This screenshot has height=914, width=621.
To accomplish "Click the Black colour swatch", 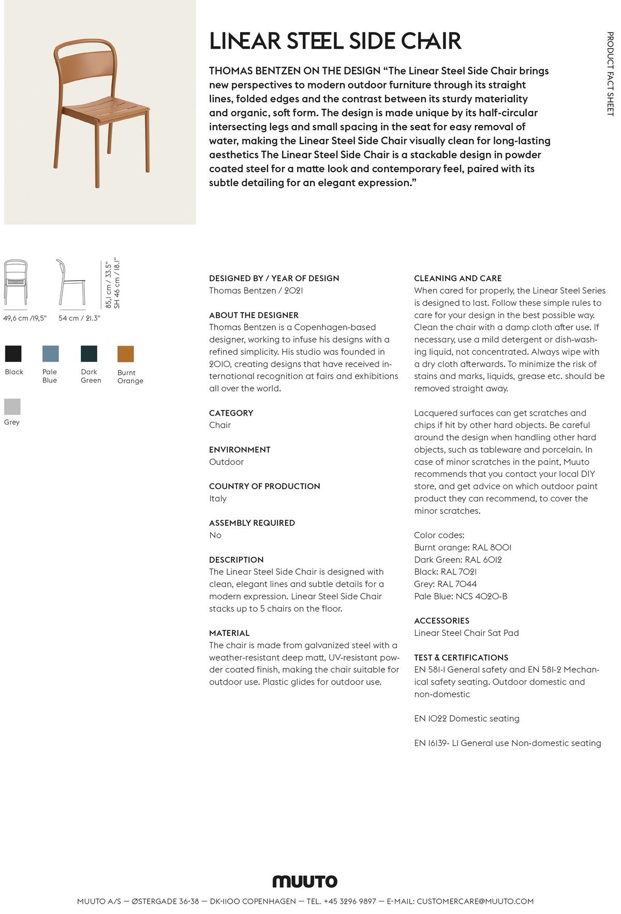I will (13, 354).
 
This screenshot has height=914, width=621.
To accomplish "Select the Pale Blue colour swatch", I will (50, 354).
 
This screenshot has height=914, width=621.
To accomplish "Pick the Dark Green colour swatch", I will (89, 354).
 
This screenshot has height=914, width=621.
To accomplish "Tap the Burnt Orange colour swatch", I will (126, 354).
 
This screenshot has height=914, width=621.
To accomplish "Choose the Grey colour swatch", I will (12, 406).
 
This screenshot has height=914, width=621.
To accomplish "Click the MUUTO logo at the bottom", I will (305, 881).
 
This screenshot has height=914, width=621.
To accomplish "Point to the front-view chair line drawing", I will (16, 282).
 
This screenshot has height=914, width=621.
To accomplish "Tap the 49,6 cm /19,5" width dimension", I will (25, 318).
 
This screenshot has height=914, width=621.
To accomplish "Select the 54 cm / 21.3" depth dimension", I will (79, 318).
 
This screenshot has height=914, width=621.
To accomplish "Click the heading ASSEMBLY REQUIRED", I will (252, 523).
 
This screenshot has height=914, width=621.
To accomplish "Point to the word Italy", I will (218, 498).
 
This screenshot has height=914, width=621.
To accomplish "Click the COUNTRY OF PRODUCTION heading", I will (264, 486).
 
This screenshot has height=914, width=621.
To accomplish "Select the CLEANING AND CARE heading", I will (457, 278).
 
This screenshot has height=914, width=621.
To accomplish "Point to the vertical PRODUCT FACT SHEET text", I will (610, 73).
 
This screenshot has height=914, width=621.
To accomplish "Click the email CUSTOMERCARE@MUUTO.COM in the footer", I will (475, 901).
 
